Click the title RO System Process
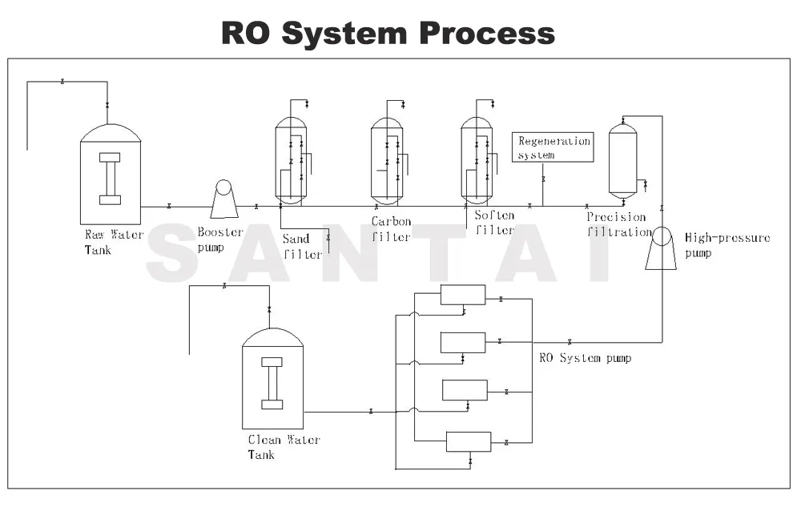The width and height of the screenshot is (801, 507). [x=388, y=33]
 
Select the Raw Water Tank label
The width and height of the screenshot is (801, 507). [x=114, y=242]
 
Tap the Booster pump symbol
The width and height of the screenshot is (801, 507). [x=223, y=199]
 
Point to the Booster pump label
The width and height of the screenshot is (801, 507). [x=219, y=239]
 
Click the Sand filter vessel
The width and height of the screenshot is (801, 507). [x=290, y=161]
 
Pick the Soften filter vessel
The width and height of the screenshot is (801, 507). [x=477, y=161]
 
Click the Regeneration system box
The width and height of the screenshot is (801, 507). [x=553, y=147]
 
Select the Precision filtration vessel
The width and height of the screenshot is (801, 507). [x=622, y=160]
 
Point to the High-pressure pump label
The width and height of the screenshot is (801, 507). [x=727, y=244]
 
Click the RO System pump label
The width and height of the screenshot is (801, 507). [x=584, y=358]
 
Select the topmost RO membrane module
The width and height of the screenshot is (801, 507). [x=463, y=295]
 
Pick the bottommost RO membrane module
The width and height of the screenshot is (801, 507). [x=468, y=441]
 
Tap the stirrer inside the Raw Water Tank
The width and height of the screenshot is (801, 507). [x=110, y=178]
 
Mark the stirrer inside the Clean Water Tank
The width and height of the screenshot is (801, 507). [x=272, y=383]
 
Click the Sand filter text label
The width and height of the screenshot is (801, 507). [x=302, y=247]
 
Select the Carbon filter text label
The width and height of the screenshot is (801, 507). [x=391, y=229]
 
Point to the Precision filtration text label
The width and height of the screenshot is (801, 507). [x=618, y=224]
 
